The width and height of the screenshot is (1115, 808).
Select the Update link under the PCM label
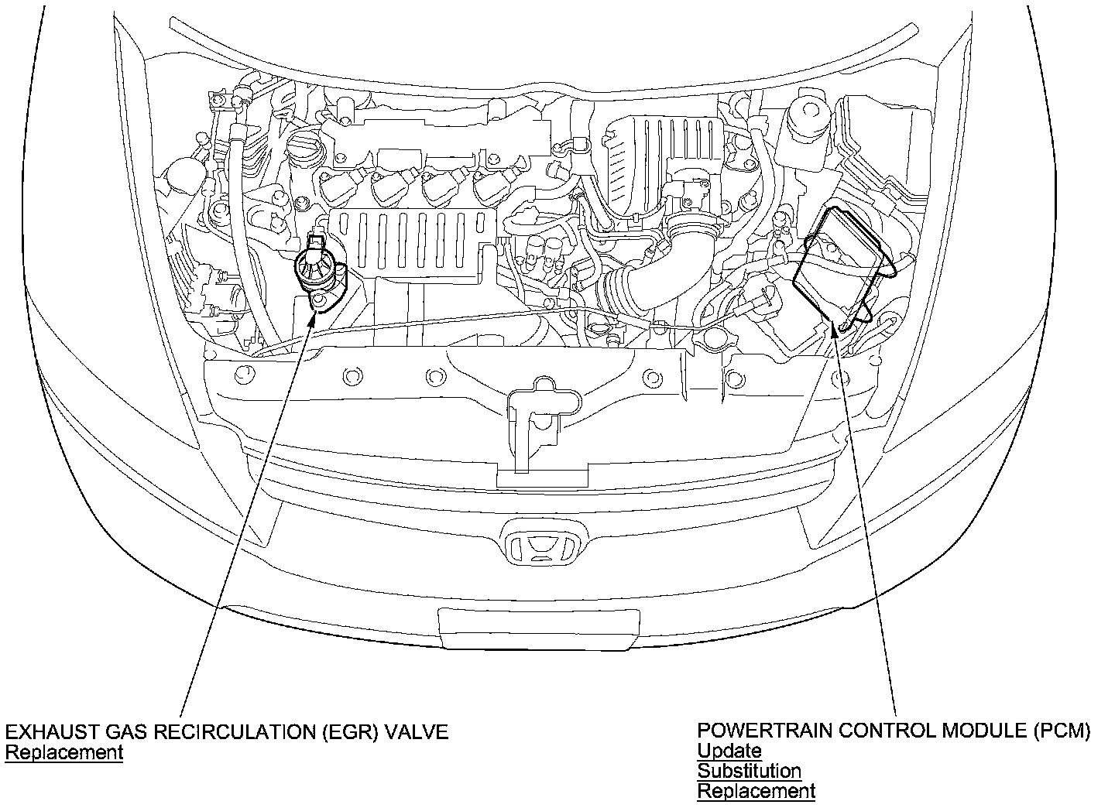tap(729, 751)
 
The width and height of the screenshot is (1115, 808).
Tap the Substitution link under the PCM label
tap(749, 771)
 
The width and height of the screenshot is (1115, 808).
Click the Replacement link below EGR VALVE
tap(63, 752)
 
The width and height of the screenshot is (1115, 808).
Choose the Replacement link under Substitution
tap(756, 791)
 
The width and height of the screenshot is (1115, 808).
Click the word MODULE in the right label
tap(987, 731)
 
